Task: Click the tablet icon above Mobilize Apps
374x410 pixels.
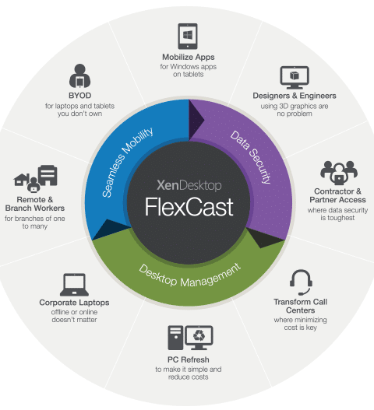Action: [188, 36]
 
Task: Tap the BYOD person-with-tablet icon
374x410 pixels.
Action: [80, 75]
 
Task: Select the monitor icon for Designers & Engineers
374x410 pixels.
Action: [295, 78]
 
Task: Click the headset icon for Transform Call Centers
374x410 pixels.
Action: [301, 282]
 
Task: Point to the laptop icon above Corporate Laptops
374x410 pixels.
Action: [74, 285]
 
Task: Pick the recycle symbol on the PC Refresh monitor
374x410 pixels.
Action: [199, 335]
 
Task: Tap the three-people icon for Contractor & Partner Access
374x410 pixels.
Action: [339, 173]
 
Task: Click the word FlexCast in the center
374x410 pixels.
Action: [189, 207]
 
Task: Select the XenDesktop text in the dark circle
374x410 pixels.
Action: [189, 185]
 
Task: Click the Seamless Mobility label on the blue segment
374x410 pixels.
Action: [127, 162]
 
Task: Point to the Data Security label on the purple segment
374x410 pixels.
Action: [251, 157]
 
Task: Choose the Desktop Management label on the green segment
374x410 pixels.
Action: [189, 276]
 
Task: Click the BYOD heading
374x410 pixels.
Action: [80, 96]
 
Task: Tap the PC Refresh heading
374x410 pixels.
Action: [189, 359]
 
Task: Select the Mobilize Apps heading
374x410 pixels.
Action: [189, 57]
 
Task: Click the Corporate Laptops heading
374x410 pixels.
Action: [74, 303]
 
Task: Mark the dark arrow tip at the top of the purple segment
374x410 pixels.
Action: [204, 120]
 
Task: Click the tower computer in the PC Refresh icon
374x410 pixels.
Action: [175, 338]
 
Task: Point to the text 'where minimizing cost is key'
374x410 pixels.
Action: [301, 324]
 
